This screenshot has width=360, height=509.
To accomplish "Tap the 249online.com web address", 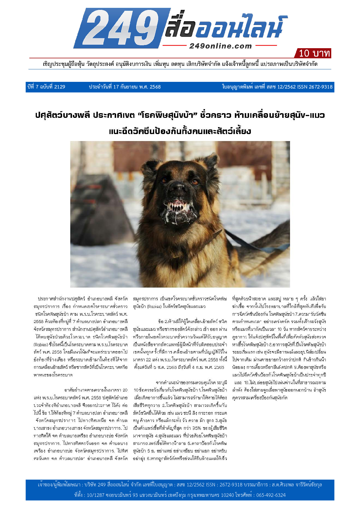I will (220, 46).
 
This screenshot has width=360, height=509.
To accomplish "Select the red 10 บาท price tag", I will (314, 53).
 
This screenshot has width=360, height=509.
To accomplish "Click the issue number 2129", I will (60, 87).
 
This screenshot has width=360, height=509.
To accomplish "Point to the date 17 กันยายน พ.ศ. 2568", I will (125, 87).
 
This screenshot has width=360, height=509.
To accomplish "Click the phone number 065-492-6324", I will (271, 495).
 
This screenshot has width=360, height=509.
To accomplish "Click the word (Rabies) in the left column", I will (40, 344).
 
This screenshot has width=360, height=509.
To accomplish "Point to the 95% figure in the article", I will (197, 428).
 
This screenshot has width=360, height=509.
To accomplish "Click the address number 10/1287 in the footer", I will (96, 495).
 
